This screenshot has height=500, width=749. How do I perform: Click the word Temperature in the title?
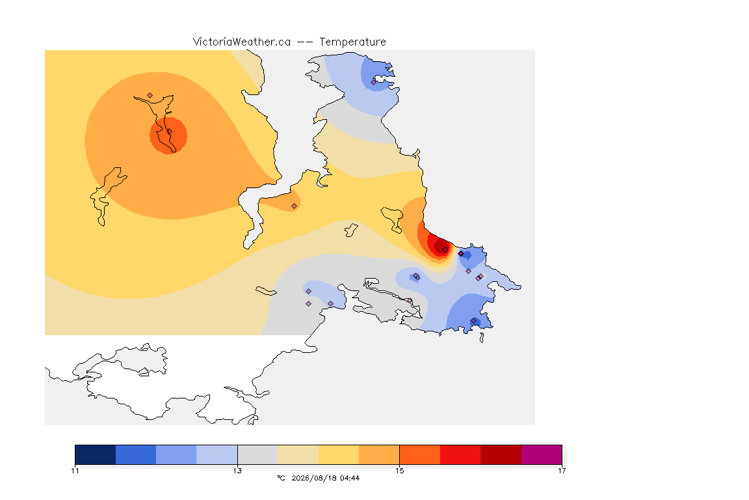point(352,42)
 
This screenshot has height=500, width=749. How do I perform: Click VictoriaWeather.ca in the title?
point(242,42)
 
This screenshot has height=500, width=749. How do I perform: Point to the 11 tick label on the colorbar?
point(75,471)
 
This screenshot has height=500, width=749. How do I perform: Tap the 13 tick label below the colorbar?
point(237,471)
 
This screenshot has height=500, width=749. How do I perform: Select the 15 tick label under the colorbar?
point(399,471)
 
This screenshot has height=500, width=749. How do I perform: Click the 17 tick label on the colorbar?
point(562,471)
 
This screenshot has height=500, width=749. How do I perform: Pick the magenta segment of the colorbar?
point(541,454)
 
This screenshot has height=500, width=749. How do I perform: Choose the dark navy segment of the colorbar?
point(96,454)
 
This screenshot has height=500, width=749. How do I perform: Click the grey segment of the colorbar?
point(257,454)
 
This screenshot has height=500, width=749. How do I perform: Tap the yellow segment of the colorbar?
point(339,454)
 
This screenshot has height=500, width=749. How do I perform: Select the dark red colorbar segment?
point(501,454)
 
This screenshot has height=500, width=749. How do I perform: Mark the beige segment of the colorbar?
point(298,454)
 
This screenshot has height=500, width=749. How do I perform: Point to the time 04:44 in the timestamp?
point(349,478)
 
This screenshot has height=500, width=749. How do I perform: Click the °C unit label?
point(281,478)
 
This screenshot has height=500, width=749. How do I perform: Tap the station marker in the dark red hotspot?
point(445,250)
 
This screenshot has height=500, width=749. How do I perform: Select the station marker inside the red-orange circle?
point(169,132)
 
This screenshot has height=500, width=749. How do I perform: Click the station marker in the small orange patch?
point(295,206)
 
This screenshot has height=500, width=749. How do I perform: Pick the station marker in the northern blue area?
point(374,82)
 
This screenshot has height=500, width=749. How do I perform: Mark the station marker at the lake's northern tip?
point(150,96)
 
